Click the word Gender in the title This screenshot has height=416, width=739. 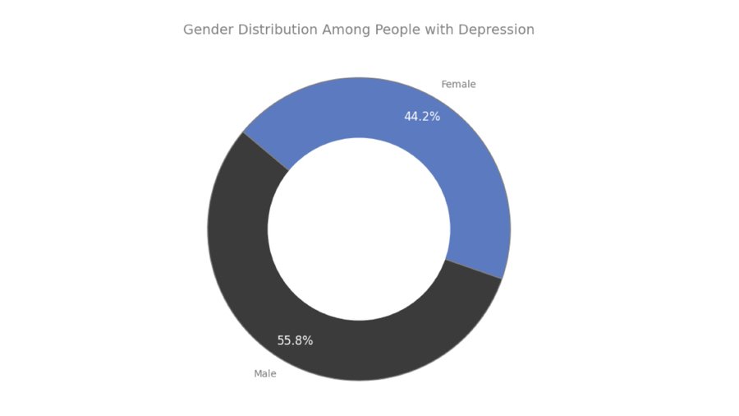(205, 30)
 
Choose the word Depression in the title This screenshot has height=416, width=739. (497, 30)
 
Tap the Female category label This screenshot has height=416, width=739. (458, 85)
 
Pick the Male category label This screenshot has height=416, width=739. (265, 374)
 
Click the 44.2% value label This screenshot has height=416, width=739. (422, 117)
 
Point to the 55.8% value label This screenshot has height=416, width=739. (295, 340)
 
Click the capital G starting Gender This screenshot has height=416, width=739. (188, 30)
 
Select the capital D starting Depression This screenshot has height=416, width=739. (463, 30)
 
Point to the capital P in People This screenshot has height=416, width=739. (379, 30)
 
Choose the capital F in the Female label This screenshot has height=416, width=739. (444, 85)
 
